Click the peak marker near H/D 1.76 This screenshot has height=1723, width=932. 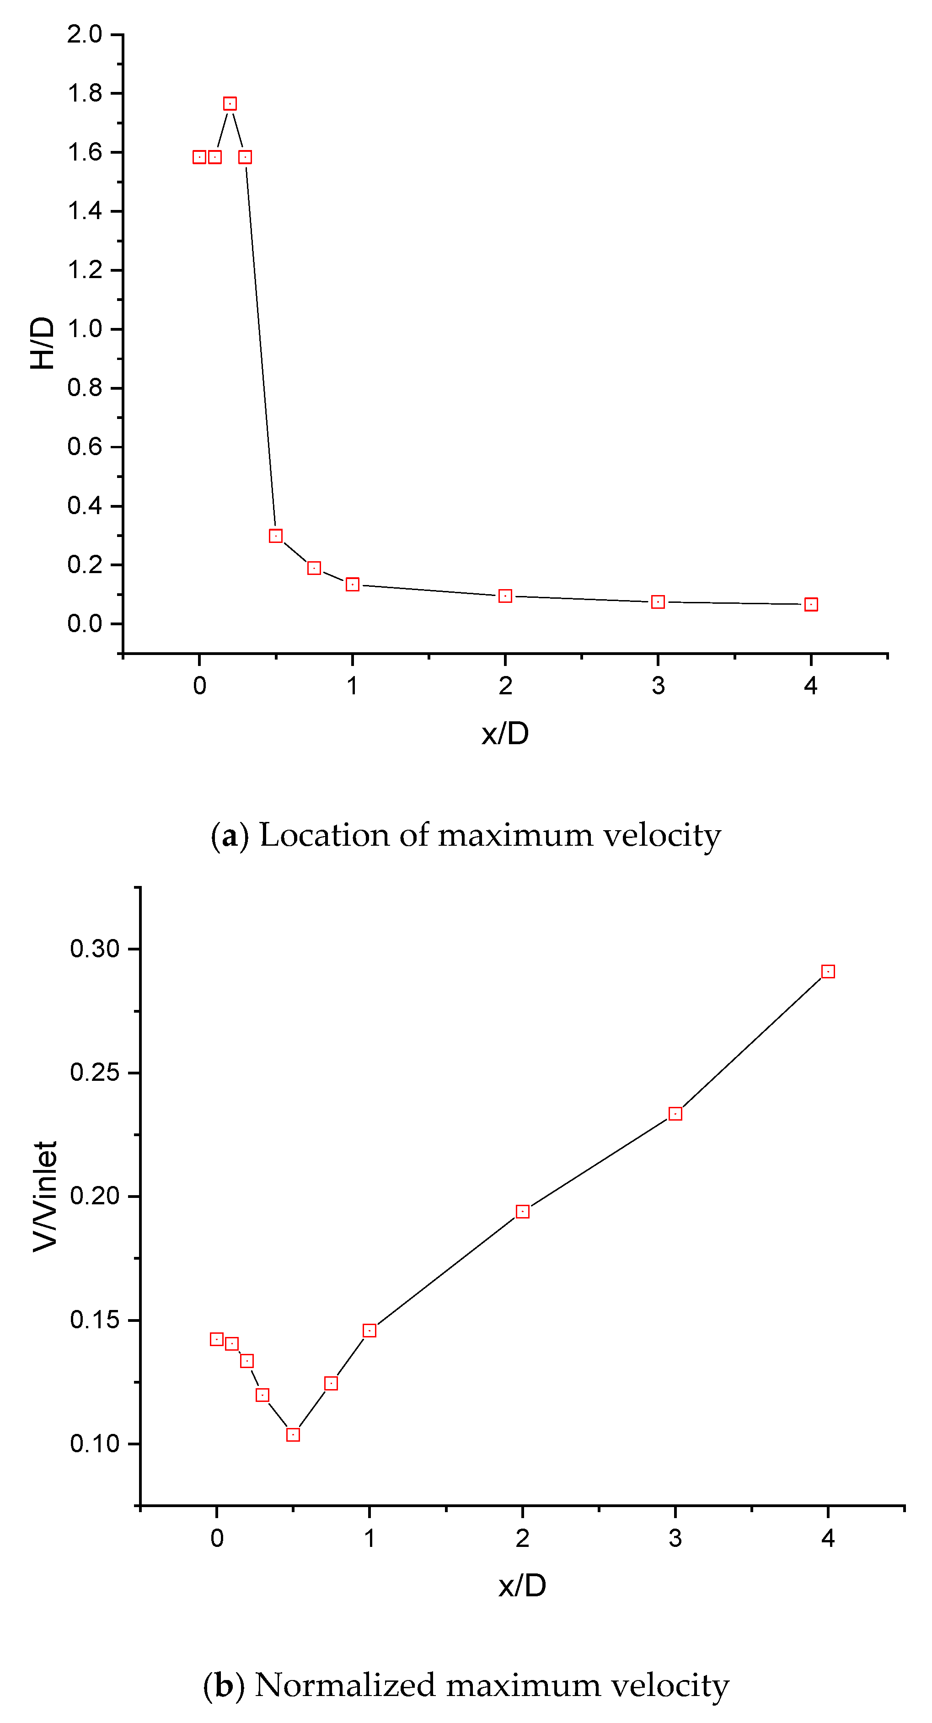pyautogui.click(x=230, y=104)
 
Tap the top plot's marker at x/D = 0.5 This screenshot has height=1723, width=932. pyautogui.click(x=275, y=536)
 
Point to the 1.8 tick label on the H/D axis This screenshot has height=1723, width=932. pyautogui.click(x=85, y=93)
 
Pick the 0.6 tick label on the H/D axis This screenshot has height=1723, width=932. pyautogui.click(x=85, y=447)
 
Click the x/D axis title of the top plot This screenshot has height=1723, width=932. pyautogui.click(x=505, y=734)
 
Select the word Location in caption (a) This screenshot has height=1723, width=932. pyautogui.click(x=324, y=835)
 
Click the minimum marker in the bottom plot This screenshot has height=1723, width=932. pyautogui.click(x=293, y=1435)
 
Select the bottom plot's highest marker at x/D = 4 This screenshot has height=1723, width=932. pyautogui.click(x=828, y=971)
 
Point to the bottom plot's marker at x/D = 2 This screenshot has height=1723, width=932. pyautogui.click(x=523, y=1211)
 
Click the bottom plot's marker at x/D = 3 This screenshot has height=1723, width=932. pyautogui.click(x=675, y=1114)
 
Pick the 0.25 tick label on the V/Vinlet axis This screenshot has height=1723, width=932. pyautogui.click(x=95, y=1073)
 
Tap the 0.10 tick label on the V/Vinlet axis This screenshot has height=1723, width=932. pyautogui.click(x=95, y=1444)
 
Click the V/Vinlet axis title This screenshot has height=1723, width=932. pyautogui.click(x=45, y=1196)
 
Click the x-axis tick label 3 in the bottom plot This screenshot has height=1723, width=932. pyautogui.click(x=675, y=1538)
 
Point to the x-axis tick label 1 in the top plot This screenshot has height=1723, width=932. pyautogui.click(x=352, y=686)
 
